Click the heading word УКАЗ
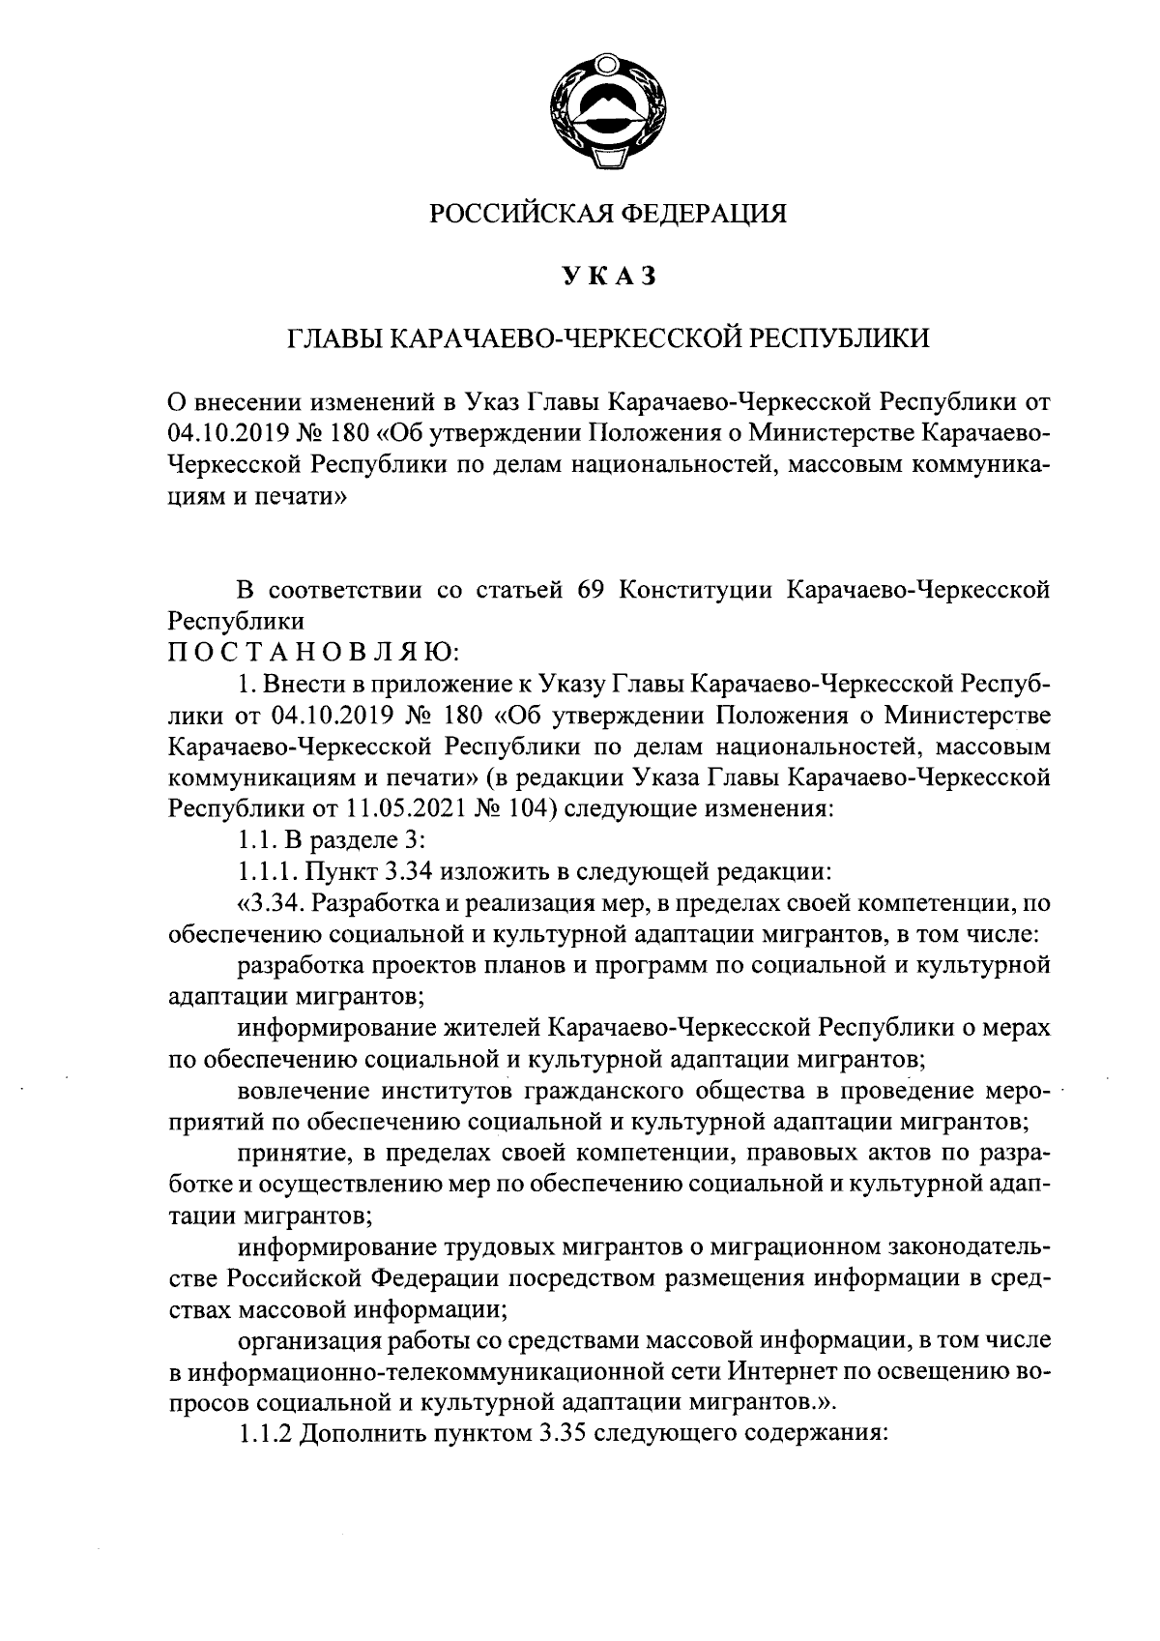tap(608, 277)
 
